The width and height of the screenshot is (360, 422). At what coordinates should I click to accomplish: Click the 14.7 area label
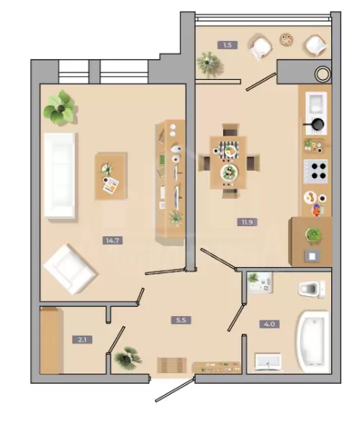tap(113, 241)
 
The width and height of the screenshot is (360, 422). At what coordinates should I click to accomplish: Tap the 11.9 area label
tap(247, 222)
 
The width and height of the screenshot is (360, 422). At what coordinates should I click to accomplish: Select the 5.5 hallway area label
tap(181, 320)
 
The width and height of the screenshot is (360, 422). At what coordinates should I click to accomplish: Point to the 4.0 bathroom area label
tap(269, 324)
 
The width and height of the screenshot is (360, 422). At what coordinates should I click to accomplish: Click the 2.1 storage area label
tap(82, 340)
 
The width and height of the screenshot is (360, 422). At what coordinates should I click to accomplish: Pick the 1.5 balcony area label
tap(228, 45)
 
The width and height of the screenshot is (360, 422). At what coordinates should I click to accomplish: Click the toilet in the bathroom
tap(312, 289)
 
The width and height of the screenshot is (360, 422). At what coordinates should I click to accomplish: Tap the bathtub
tap(313, 342)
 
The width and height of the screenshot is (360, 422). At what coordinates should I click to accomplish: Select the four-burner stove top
tap(316, 171)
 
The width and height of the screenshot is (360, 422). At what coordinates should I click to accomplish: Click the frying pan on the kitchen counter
tap(315, 124)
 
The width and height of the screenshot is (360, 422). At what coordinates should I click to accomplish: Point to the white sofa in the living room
tap(60, 175)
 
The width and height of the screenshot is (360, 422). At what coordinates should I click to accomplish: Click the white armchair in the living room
tap(70, 269)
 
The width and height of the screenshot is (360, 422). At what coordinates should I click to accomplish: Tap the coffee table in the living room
tap(111, 176)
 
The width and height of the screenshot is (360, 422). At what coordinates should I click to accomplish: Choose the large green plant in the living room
tap(60, 107)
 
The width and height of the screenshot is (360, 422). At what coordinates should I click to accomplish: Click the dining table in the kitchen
tap(228, 162)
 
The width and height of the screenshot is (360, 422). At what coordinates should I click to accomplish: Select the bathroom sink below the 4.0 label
tap(268, 362)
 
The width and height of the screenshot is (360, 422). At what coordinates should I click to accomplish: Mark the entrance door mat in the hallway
tap(172, 365)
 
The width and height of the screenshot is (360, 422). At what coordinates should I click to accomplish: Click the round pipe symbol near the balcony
tap(323, 73)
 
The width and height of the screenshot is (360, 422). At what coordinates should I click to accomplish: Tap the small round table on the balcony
tap(286, 40)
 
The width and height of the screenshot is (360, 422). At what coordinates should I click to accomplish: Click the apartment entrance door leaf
tap(175, 390)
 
